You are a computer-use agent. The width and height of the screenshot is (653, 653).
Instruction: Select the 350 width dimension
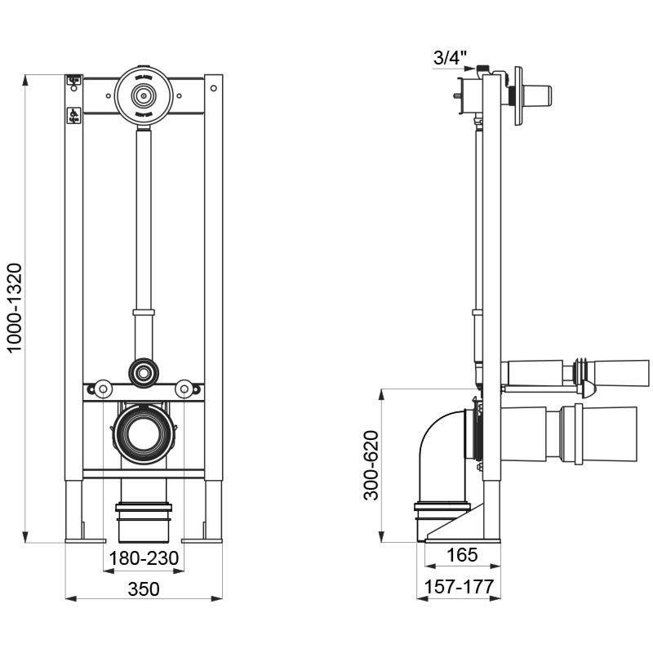pos(144,589)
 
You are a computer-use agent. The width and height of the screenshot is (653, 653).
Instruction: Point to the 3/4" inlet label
pos(451,57)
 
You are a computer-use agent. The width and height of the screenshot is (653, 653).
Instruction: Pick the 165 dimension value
pos(462,557)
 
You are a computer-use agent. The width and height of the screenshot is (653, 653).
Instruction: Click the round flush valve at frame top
pos(144,96)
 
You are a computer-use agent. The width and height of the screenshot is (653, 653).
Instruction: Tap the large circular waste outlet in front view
pos(144,432)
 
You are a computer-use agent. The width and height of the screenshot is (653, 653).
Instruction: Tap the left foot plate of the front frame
pos(85,539)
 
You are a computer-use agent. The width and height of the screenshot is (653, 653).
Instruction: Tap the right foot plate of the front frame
pos(202,539)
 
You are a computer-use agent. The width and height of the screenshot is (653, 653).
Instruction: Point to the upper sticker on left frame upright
pos(73,80)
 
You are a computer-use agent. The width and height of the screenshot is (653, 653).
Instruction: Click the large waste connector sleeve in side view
pos(571,433)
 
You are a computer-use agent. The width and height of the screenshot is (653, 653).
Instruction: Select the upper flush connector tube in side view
pos(571,372)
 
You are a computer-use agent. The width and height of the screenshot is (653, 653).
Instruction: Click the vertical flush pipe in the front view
pos(144,220)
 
